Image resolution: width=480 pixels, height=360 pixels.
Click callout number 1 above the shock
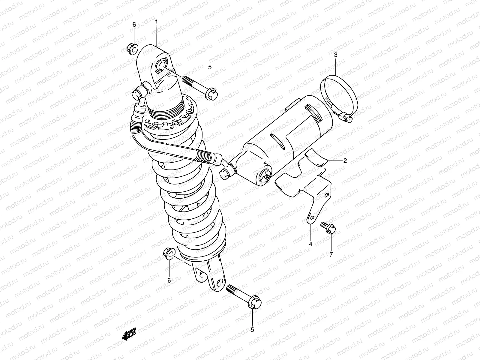tap(156, 22)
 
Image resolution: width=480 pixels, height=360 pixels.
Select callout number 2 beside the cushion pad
tap(345, 161)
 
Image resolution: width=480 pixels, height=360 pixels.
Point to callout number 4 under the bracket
tap(310, 244)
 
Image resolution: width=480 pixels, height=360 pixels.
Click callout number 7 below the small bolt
tap(331, 255)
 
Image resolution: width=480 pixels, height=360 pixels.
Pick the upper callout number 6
tap(134, 25)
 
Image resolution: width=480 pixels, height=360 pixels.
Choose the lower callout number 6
tap(169, 280)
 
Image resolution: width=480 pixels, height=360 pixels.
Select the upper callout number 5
tap(210, 67)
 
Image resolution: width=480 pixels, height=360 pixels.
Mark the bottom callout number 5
tap(252, 329)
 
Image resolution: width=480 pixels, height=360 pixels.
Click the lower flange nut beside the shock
tap(168, 253)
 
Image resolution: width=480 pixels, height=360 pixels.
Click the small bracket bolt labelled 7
tap(328, 228)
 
